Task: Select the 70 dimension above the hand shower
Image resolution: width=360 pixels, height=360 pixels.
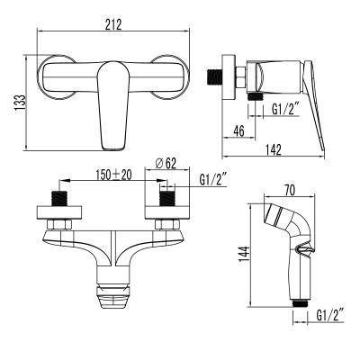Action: [289, 190]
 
